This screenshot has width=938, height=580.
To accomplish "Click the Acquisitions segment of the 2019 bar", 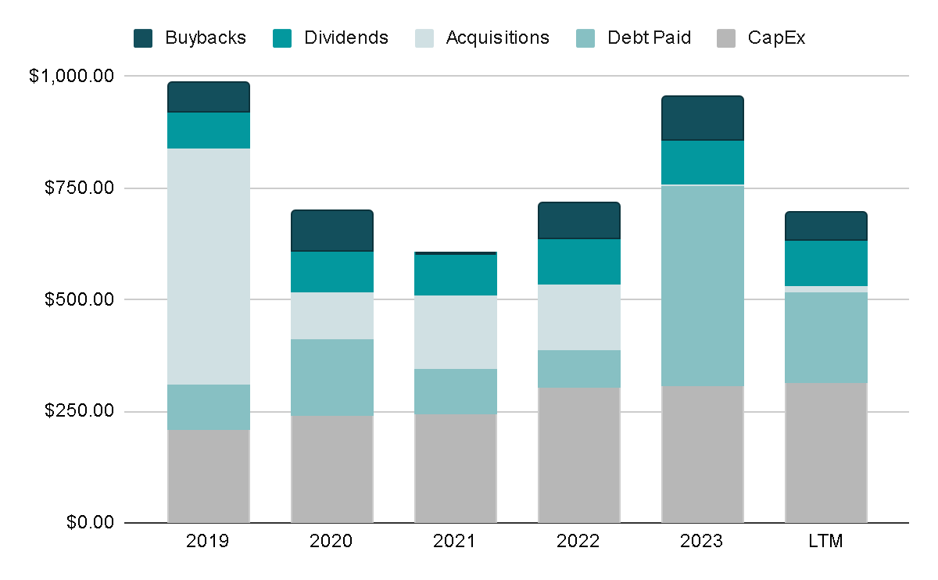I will [x=209, y=266].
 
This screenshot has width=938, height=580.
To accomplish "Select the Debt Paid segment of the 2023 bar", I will [x=703, y=285].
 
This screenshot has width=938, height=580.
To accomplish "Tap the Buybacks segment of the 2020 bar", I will [x=332, y=231].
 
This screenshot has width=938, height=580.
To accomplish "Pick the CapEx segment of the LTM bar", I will [x=826, y=453].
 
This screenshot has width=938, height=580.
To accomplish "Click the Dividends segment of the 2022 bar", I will [x=579, y=261].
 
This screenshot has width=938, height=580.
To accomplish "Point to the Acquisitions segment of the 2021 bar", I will [x=456, y=332].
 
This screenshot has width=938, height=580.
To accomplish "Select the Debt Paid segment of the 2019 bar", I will [x=209, y=406].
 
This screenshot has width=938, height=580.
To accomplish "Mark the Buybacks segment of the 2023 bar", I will [x=703, y=118].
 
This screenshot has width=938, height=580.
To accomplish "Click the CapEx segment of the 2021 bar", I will [x=456, y=467].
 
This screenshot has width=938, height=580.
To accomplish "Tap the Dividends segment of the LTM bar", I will [x=826, y=263].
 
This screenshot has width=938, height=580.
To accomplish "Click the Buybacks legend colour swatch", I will [x=143, y=38].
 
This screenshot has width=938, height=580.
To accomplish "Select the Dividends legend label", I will [x=346, y=38].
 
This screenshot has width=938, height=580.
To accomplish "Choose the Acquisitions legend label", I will [x=497, y=38].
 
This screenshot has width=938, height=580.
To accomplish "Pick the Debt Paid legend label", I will [x=649, y=38].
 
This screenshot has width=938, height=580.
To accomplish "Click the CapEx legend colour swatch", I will [x=726, y=38].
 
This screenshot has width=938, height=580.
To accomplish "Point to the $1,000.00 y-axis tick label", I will [x=72, y=77].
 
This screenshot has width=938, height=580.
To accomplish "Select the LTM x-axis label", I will [x=826, y=542].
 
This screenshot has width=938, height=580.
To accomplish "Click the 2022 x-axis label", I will [x=579, y=542].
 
